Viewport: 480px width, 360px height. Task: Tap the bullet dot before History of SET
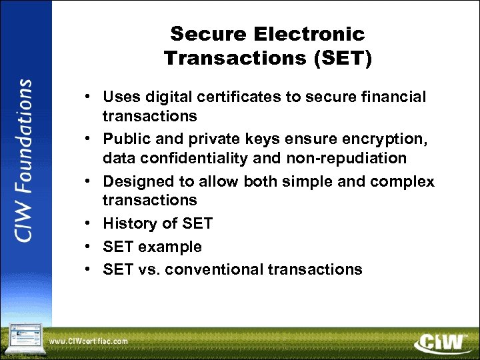pos(88,223)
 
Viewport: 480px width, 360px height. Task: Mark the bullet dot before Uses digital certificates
pos(88,97)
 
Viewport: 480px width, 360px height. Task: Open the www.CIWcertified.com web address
pos(89,341)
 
